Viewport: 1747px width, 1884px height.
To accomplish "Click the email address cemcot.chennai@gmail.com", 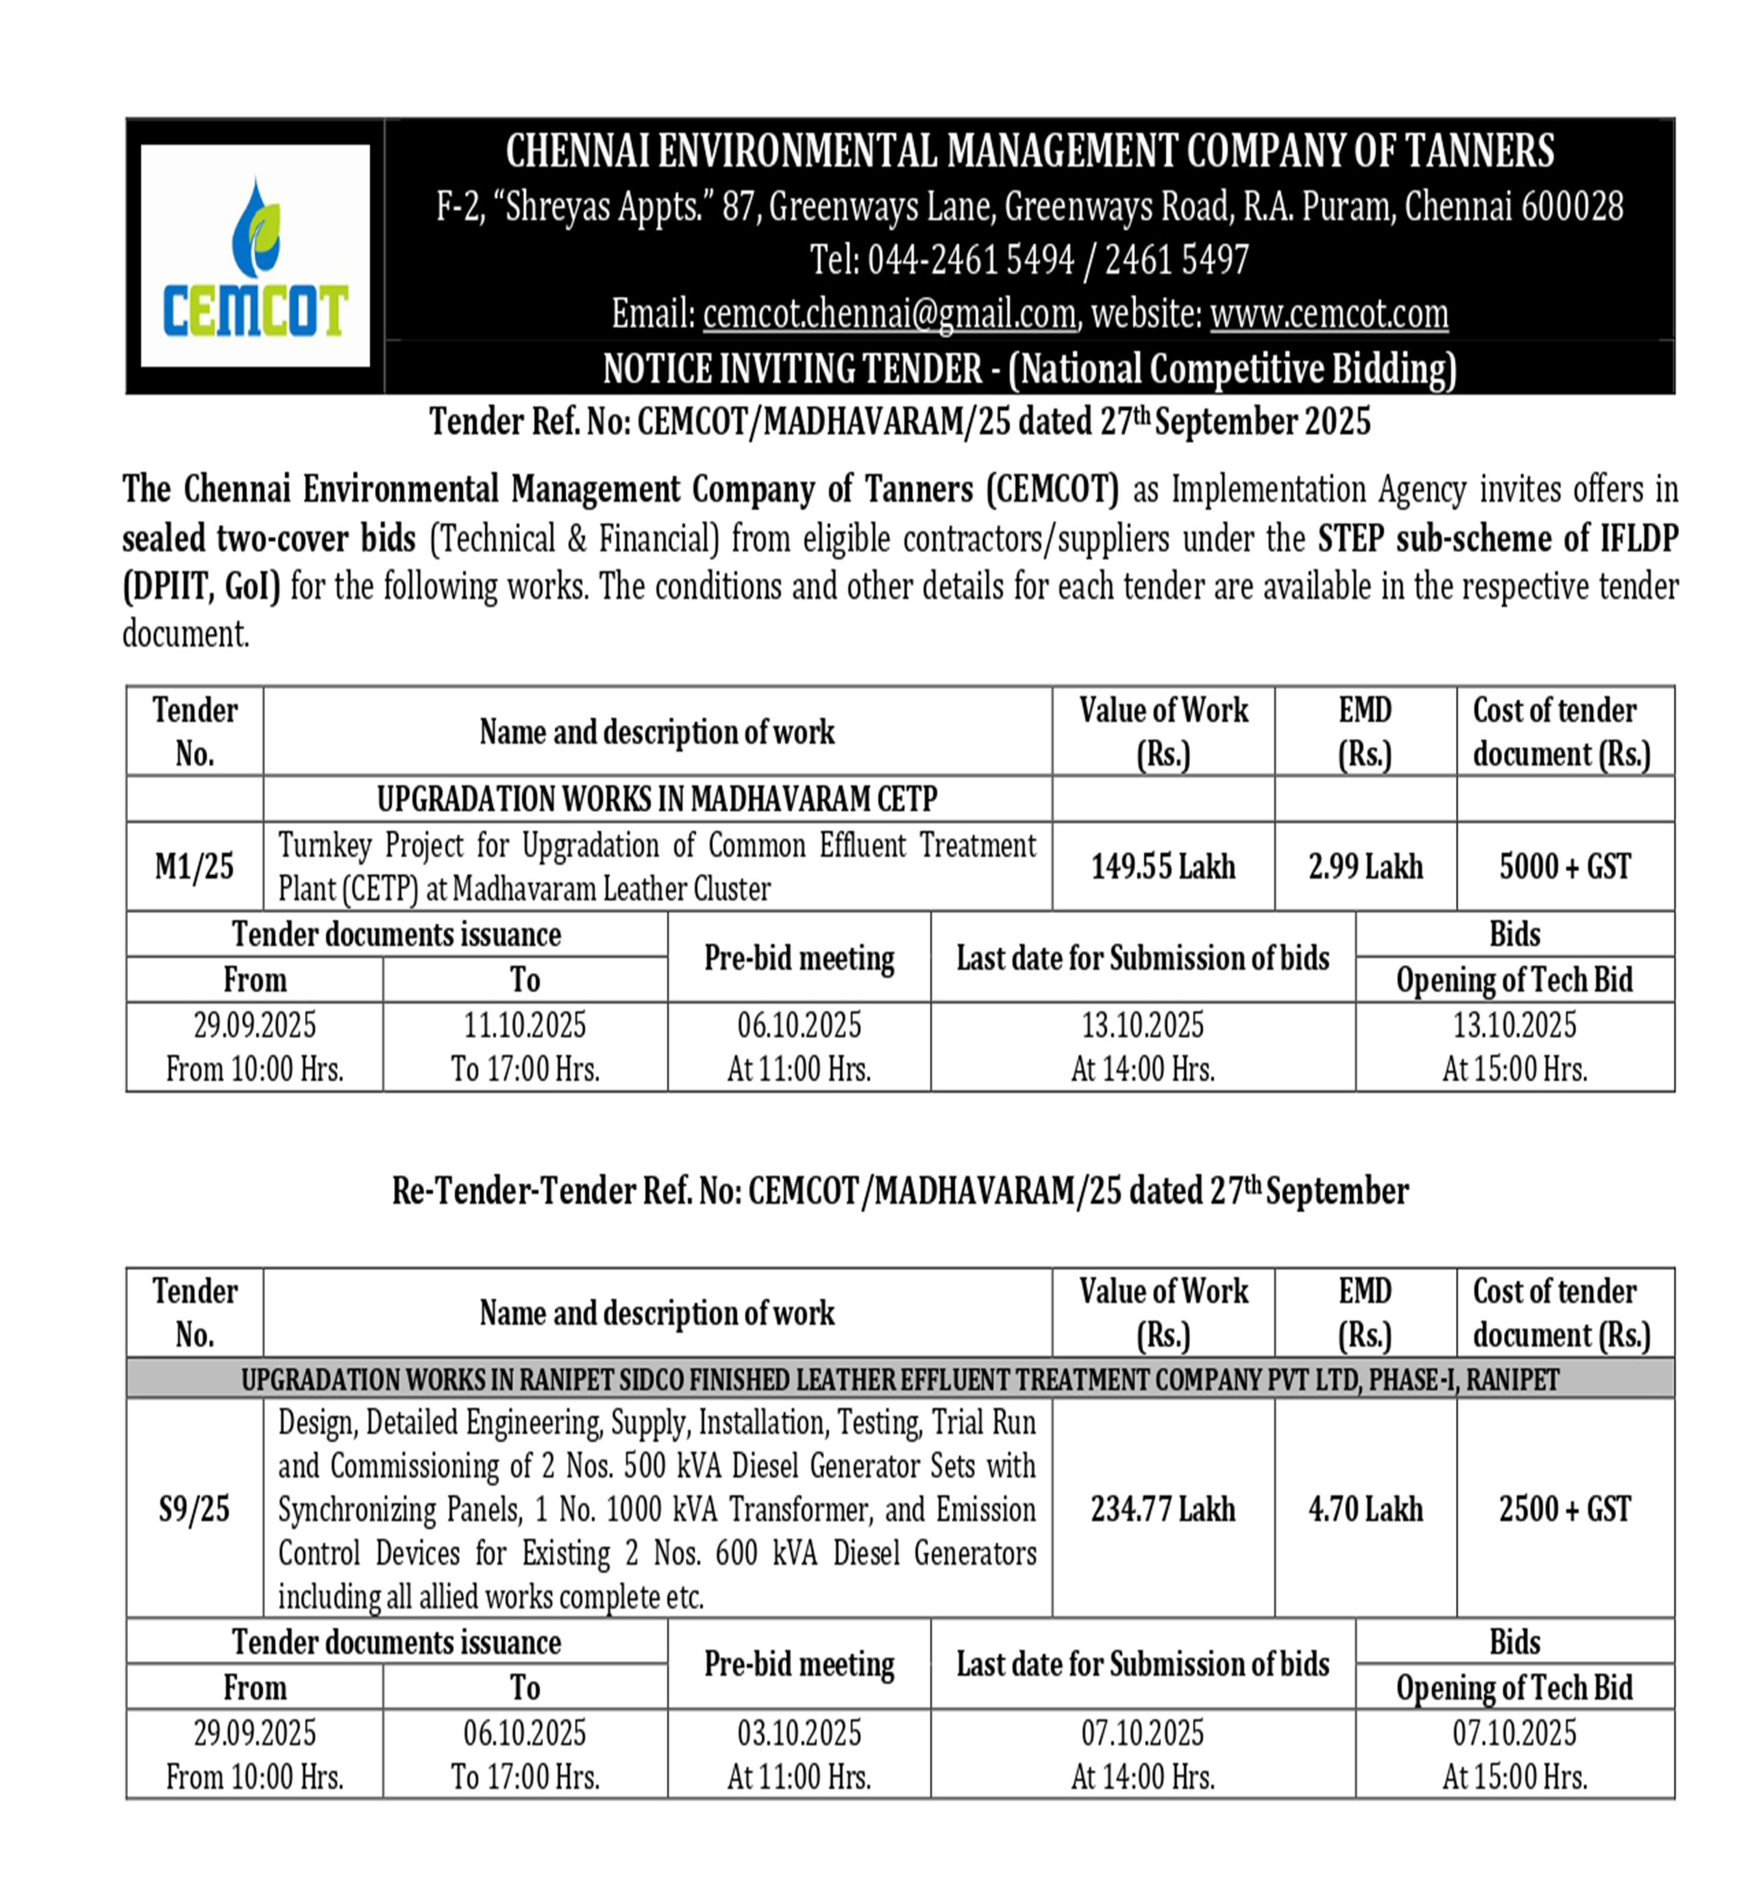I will (889, 314).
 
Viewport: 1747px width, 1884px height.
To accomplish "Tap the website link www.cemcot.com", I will (1328, 314).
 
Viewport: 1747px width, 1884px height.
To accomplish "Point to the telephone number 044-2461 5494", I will (971, 260).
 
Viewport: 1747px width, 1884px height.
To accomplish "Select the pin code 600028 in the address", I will (1570, 206).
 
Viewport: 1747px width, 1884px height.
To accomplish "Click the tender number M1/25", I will (194, 866).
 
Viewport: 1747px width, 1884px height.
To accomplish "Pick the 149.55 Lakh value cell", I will (1163, 866).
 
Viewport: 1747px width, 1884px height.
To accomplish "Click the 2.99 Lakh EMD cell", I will (1365, 866).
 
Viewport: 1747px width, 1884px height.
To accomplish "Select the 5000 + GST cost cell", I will (1565, 866).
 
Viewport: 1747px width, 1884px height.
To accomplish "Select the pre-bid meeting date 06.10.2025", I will (799, 1025).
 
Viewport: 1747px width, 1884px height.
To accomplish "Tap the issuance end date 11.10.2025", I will (525, 1025).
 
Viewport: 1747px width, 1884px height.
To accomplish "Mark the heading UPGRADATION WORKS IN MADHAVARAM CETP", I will (657, 799).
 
